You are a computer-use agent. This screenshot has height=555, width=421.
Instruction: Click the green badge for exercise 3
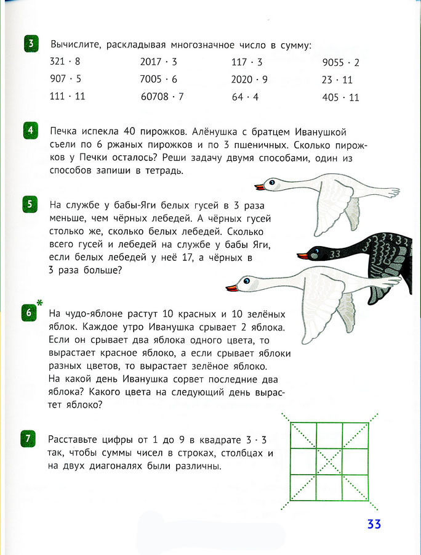(x=31, y=44)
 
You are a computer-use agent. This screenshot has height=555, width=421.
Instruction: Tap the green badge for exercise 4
(x=31, y=131)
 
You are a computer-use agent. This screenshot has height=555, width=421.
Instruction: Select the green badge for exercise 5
(x=31, y=204)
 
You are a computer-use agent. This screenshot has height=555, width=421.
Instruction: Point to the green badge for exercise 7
(x=31, y=439)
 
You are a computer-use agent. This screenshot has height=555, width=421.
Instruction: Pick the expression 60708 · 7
(x=162, y=97)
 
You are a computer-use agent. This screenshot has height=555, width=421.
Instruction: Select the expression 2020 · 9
(x=249, y=80)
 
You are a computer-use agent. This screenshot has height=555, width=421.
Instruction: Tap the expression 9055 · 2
(x=340, y=62)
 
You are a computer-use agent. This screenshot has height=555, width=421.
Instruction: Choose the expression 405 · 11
(x=340, y=97)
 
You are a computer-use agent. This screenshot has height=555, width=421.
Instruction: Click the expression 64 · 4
(x=245, y=97)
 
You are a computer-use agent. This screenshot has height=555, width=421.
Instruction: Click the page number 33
(x=374, y=524)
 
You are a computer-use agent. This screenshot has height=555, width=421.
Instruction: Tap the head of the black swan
(x=316, y=252)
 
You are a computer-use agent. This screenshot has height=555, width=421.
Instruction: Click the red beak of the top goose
(x=260, y=186)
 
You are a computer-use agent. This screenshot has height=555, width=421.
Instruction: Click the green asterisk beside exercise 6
(x=40, y=303)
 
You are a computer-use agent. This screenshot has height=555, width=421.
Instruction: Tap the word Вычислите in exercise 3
(x=73, y=45)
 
